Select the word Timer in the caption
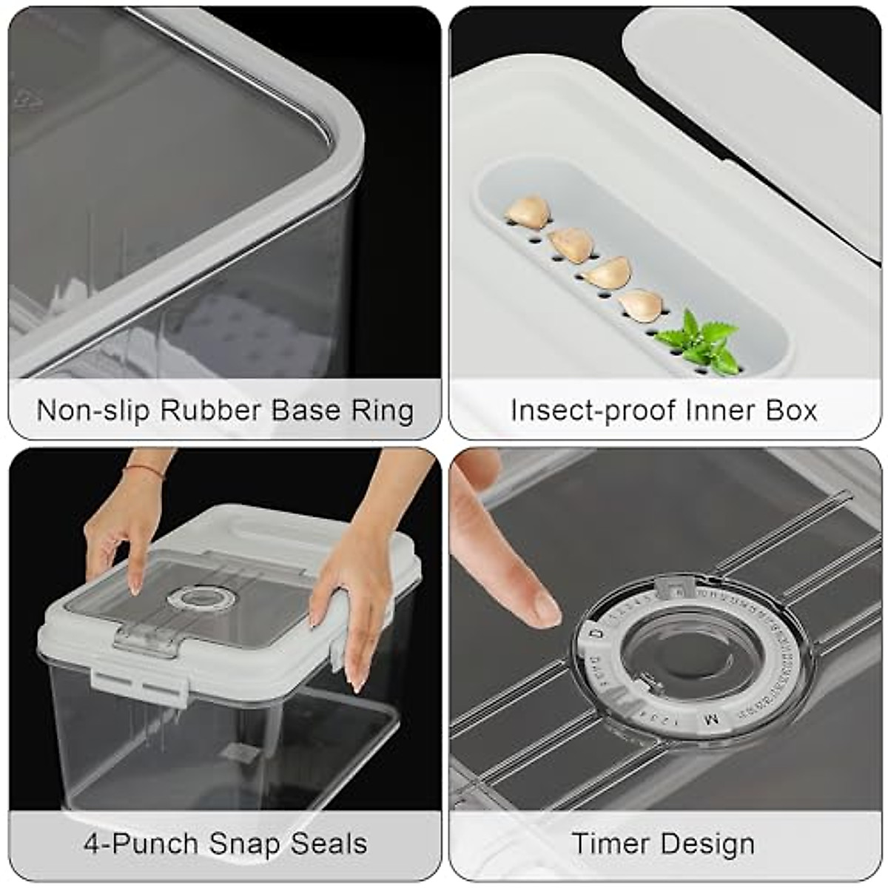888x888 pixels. point(611,844)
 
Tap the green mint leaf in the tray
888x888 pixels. point(699,342)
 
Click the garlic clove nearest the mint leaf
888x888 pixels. point(641,305)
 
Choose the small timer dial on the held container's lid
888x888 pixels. point(196,598)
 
